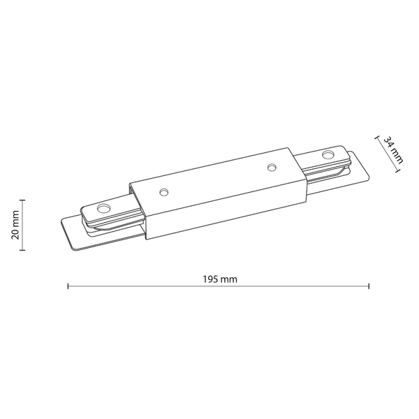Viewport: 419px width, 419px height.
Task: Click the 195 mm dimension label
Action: [x=219, y=279]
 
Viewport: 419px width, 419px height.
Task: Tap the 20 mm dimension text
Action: [x=16, y=224]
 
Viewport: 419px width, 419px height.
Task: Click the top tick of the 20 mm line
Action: [x=23, y=199]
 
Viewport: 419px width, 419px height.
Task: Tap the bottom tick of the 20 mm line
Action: [x=23, y=249]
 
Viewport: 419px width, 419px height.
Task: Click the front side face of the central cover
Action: [x=223, y=209]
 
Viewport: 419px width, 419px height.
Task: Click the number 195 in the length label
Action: [x=212, y=279]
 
